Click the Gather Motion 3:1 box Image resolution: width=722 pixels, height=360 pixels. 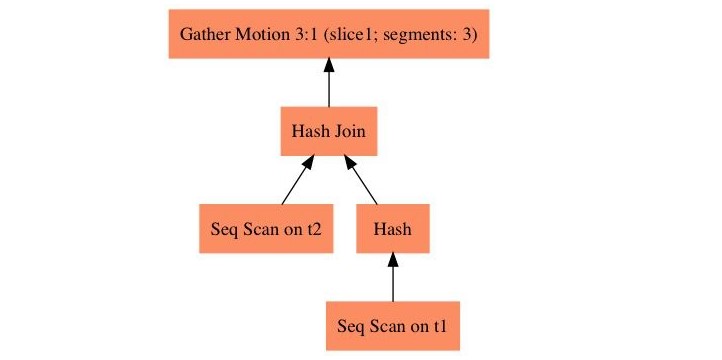pos(328,34)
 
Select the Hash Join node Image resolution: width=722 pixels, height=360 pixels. pos(328,131)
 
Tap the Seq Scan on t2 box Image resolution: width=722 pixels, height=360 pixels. pos(265,228)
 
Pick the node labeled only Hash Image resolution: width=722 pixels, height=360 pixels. pos(392,228)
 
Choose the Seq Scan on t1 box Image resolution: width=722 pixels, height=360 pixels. pos(392,325)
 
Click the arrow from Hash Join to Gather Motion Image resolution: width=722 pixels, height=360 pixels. pos(328,84)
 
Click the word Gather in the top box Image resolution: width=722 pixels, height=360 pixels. pos(202,34)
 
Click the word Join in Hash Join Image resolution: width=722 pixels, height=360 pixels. pos(349,131)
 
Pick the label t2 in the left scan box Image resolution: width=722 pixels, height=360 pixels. pos(313,228)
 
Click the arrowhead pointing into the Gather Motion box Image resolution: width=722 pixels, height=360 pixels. pos(328,66)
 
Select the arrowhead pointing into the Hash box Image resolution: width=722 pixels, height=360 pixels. pos(392,260)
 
